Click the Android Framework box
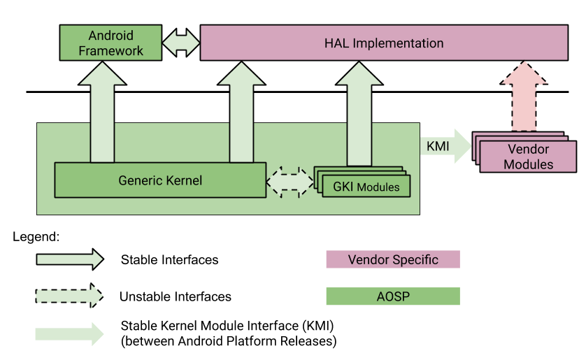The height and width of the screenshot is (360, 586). [x=110, y=43]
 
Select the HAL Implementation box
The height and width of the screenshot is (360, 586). [x=383, y=43]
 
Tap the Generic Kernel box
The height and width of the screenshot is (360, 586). [x=160, y=180]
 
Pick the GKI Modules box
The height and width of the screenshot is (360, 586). [x=366, y=187]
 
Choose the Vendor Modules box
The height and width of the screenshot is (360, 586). [x=528, y=157]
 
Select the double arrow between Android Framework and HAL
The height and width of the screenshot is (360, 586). [x=181, y=43]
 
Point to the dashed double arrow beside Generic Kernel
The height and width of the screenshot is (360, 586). [x=290, y=180]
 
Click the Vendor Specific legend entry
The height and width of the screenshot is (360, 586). [x=392, y=259]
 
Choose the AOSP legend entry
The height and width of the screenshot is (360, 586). [x=392, y=296]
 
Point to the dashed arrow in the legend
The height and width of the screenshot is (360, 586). [x=69, y=296]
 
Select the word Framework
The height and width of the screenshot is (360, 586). [x=110, y=50]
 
